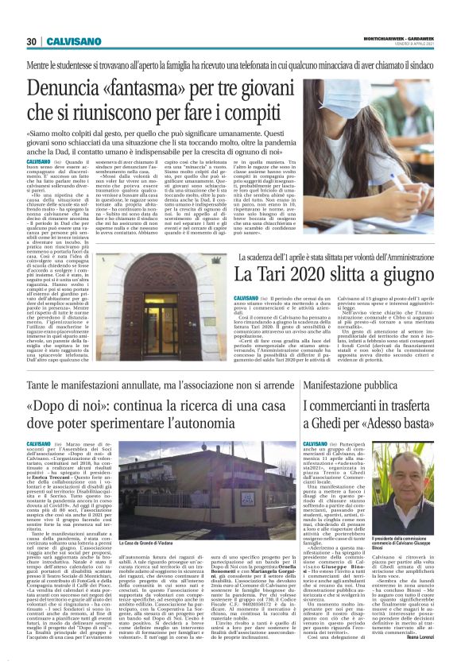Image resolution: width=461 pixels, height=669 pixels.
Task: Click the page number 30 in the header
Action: coord(32,41)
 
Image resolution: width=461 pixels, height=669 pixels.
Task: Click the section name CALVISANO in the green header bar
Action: coord(72,41)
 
